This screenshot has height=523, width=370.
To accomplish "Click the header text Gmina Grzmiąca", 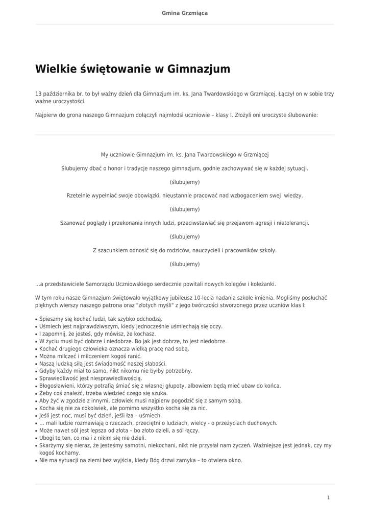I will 185,13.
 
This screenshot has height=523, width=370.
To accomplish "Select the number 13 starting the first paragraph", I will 38,94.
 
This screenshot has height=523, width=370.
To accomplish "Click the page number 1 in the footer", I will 329,497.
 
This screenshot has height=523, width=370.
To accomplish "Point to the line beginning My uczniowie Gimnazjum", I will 185,154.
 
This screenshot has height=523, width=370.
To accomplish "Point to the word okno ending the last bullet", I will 235,460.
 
